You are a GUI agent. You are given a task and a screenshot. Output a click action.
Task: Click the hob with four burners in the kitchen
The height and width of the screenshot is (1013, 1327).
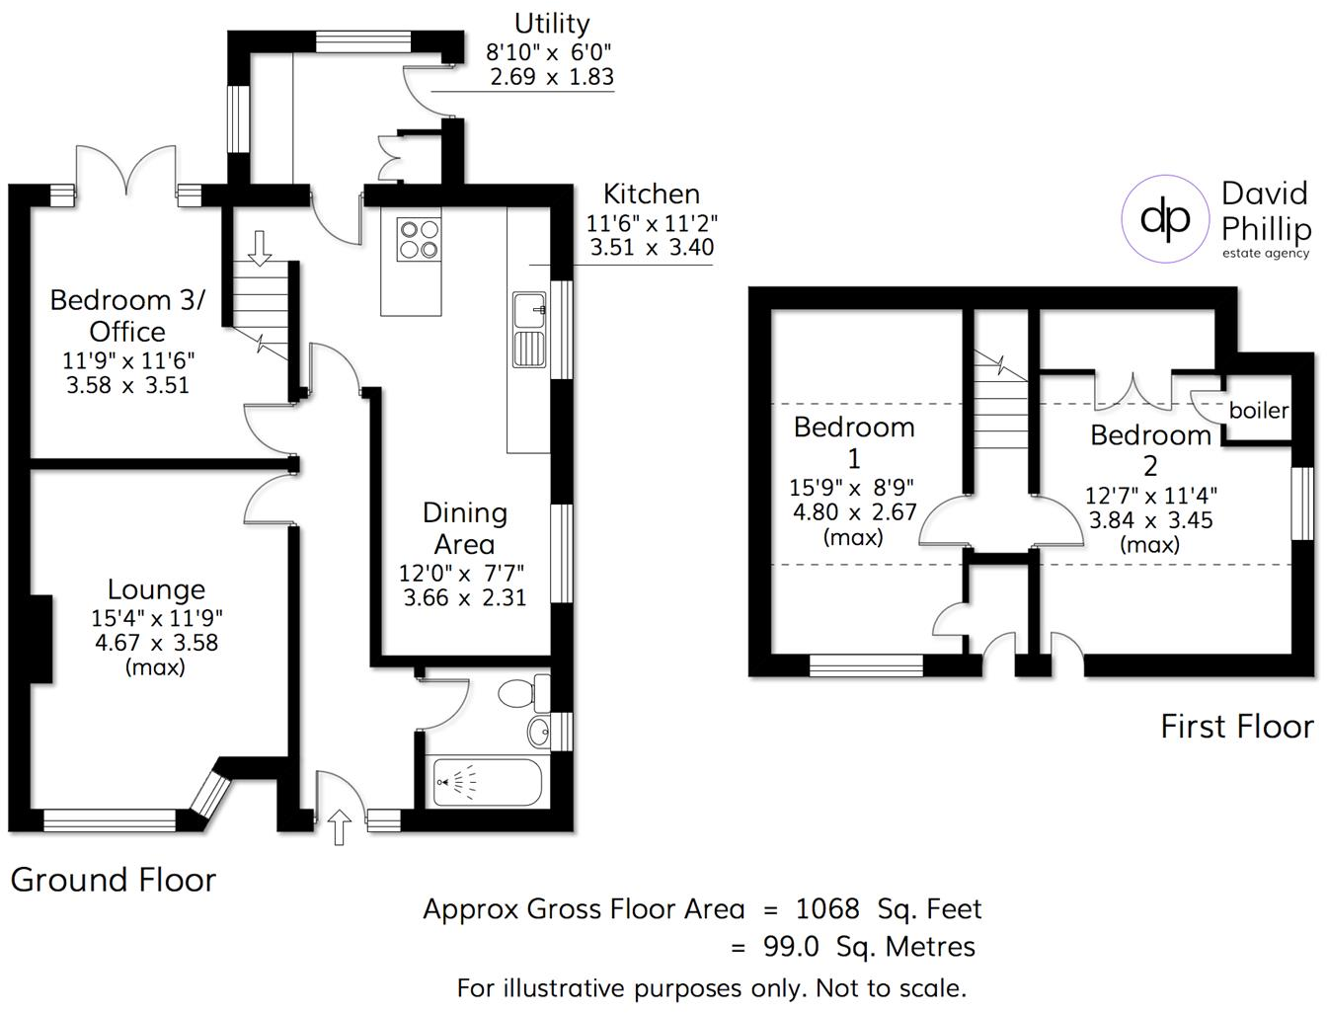tap(418, 239)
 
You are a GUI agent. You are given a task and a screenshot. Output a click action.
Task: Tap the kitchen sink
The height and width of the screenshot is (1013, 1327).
tap(529, 330)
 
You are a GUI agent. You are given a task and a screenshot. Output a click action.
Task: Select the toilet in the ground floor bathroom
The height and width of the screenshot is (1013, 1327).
tap(523, 692)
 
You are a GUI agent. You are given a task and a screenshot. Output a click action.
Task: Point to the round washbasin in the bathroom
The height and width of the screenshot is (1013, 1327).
tap(539, 733)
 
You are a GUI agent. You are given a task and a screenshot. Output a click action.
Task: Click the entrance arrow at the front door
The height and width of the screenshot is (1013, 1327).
tap(339, 826)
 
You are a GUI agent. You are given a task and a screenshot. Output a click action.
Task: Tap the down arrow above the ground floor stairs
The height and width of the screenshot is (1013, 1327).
tap(260, 248)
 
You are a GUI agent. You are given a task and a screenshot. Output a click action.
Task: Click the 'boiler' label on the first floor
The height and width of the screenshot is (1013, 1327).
tap(1258, 410)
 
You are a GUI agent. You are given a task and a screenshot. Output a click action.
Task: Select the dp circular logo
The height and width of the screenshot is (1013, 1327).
tap(1165, 219)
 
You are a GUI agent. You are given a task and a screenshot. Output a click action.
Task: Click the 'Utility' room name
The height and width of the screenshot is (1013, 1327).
tap(551, 24)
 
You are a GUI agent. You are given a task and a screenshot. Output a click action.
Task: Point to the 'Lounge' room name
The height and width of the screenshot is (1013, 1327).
tap(156, 589)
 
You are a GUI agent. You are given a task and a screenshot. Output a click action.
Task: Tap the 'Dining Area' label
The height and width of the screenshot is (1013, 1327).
tap(464, 528)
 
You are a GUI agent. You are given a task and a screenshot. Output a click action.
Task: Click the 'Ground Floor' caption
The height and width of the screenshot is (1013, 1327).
tap(113, 880)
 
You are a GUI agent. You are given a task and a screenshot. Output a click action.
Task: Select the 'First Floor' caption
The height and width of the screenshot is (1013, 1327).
tap(1236, 727)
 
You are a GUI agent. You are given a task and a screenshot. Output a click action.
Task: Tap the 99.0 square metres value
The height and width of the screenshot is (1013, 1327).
tap(791, 947)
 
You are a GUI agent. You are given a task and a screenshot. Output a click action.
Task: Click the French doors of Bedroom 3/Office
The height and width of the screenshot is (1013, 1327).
tap(126, 172)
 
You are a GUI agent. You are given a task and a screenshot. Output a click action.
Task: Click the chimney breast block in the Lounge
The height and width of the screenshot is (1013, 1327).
tap(40, 639)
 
